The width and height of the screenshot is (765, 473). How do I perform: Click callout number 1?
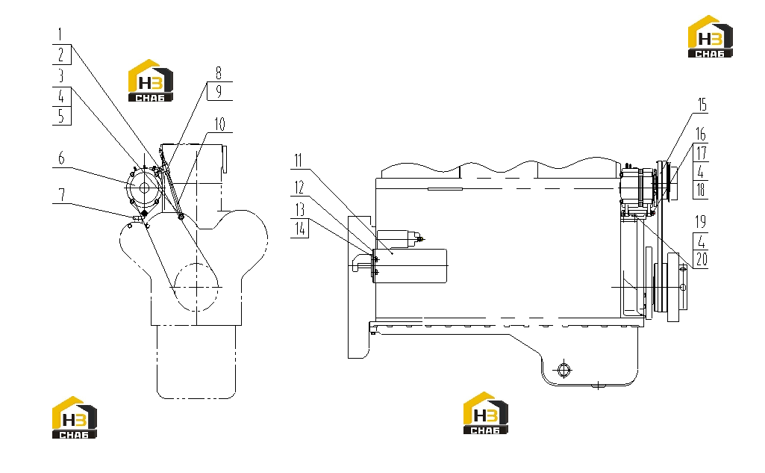(x=60, y=34)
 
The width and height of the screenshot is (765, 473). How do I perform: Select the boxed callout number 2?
(x=61, y=55)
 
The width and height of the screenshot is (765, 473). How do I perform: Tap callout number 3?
(x=61, y=75)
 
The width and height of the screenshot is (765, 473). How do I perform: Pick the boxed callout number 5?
(x=61, y=116)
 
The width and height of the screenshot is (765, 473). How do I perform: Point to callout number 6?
(x=61, y=158)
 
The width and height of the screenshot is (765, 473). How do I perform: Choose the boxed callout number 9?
(x=219, y=91)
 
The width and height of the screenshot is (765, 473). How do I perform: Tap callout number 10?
(x=220, y=125)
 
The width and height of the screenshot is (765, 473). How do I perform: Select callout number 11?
(x=298, y=160)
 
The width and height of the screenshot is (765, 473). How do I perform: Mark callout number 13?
(x=299, y=210)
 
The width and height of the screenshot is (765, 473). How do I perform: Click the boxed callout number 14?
(x=300, y=228)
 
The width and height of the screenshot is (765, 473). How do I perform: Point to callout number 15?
(x=702, y=105)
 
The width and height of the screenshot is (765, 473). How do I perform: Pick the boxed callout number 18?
(x=701, y=190)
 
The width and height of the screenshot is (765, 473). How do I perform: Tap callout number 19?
(x=701, y=222)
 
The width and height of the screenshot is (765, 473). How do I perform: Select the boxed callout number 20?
(x=701, y=259)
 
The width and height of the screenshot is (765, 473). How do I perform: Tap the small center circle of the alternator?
(x=144, y=188)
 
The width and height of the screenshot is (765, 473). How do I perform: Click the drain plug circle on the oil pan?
(x=563, y=370)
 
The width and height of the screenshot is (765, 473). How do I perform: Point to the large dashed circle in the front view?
(x=196, y=288)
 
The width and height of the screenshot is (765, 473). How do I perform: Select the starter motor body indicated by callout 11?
(x=410, y=266)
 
